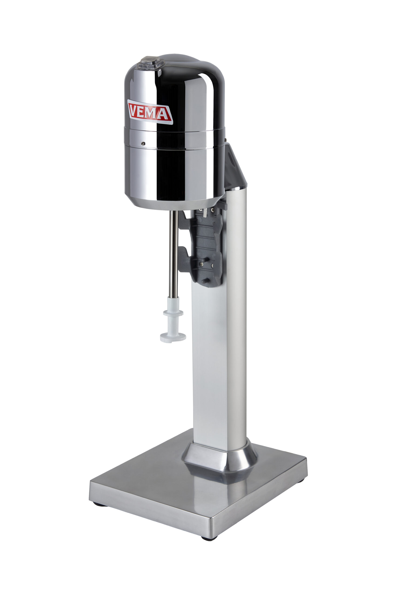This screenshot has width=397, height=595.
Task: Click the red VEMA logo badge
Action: [x=150, y=112]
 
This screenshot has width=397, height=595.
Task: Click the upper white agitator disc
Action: [x=173, y=313]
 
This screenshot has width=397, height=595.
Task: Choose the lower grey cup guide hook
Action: [x=184, y=259]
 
